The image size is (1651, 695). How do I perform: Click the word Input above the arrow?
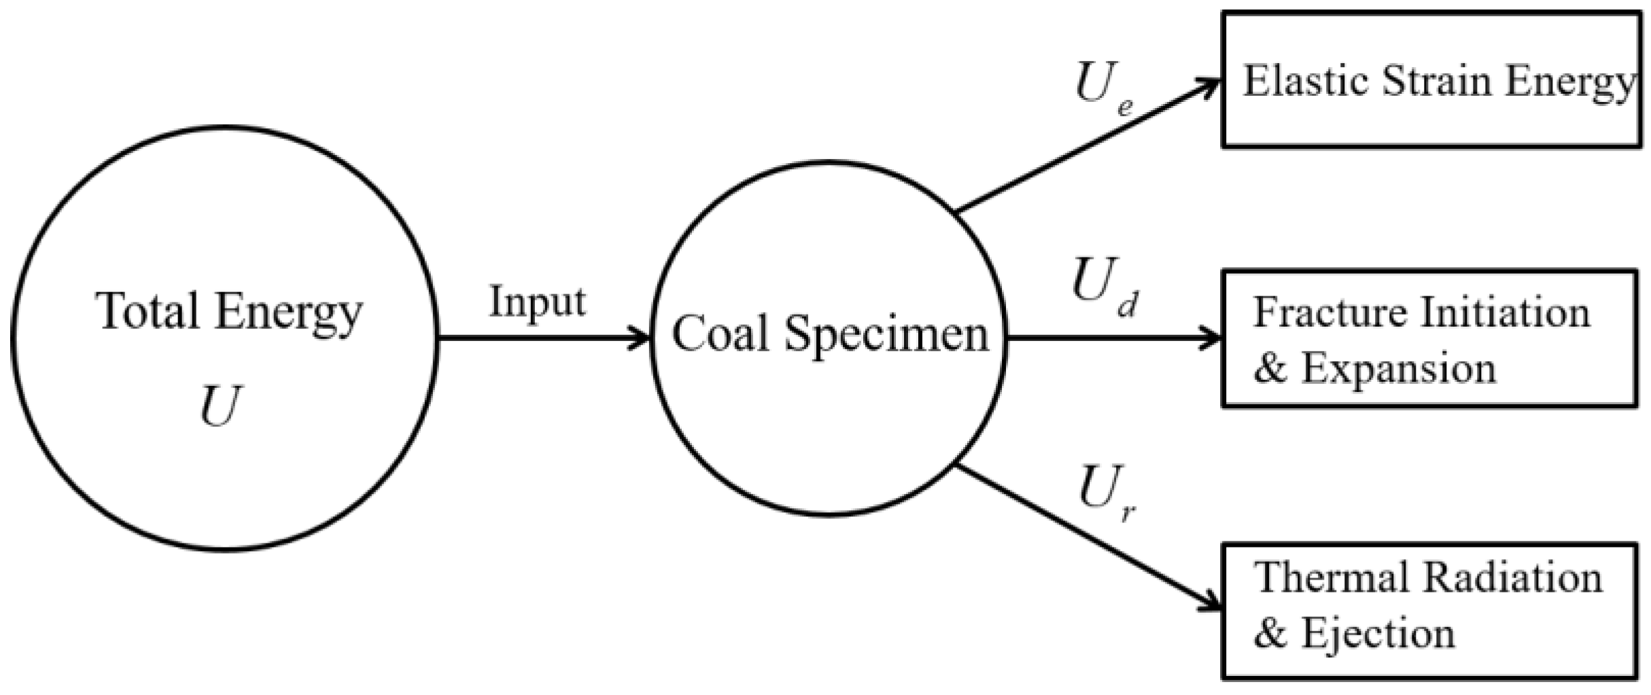click(537, 302)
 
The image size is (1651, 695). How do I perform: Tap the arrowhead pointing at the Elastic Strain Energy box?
click(1210, 87)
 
